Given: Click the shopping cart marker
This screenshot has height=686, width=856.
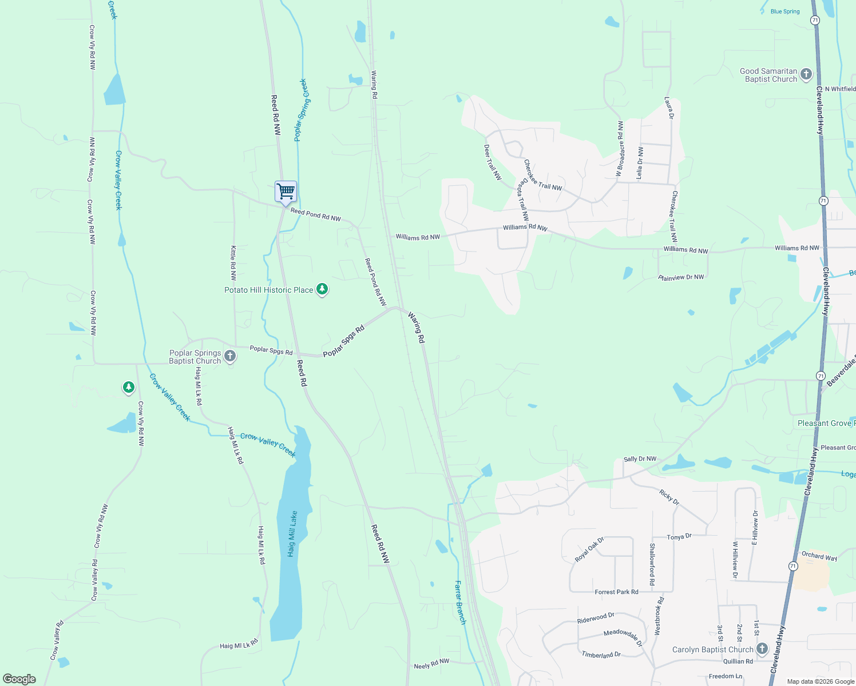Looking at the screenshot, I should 286,192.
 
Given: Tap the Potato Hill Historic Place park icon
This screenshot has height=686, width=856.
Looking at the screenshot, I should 322,290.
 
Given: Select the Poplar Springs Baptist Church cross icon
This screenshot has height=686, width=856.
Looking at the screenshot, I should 229,357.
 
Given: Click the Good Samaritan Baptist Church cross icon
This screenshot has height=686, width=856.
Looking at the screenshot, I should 806,74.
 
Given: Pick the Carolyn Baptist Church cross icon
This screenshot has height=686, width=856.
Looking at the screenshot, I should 762,649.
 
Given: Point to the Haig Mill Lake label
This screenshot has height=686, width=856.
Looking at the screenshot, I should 292,534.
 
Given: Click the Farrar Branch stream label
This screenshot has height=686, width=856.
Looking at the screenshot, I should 460,602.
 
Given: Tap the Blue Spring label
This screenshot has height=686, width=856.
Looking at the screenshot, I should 785,11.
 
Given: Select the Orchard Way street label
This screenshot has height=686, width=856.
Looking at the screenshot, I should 819,556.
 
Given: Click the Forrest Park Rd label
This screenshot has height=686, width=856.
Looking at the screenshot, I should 616,592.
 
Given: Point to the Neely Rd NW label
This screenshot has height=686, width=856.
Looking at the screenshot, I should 431,664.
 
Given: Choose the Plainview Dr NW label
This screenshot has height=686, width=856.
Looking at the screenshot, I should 681,277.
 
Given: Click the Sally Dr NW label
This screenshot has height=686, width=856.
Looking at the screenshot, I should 640,459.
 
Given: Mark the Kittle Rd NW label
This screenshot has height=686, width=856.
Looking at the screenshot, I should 233,263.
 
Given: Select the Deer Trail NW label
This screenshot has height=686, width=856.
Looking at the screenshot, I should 493,162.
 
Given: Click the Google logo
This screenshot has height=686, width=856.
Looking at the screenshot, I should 19,679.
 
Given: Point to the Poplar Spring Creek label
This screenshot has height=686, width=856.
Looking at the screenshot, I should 301,110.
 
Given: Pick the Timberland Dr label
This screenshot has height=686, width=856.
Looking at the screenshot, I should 601,655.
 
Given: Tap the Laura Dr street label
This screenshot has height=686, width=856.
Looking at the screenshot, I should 669,107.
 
